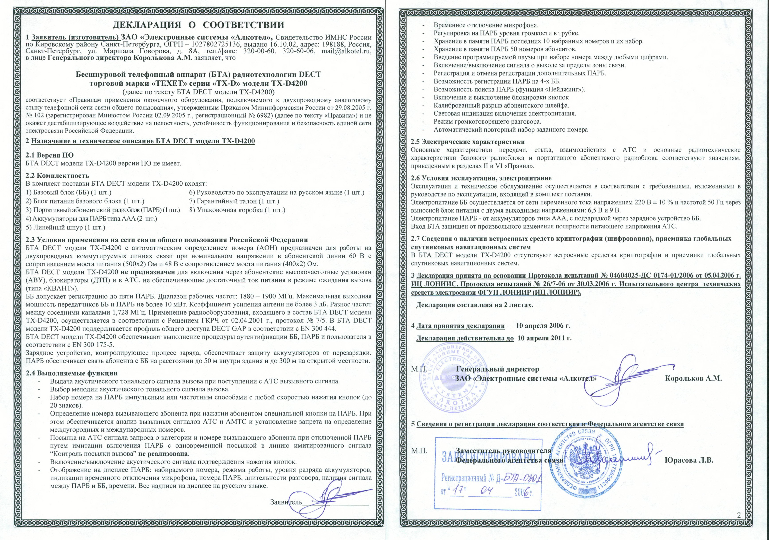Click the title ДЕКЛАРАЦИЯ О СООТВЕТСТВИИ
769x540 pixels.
(198, 25)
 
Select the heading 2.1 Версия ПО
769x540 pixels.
(50, 155)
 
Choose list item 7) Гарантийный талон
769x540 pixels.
(234, 201)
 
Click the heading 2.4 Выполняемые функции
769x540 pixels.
(72, 373)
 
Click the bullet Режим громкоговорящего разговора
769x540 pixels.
(487, 122)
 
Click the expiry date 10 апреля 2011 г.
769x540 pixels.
(545, 338)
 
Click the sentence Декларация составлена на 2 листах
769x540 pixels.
(474, 305)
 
